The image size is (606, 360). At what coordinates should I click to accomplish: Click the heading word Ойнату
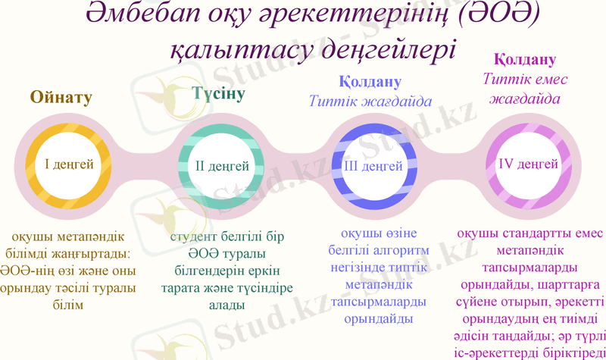point(61,97)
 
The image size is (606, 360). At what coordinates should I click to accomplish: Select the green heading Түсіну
point(219,95)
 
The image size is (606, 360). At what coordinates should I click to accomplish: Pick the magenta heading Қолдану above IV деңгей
point(525,59)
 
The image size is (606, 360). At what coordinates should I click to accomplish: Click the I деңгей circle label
point(69,164)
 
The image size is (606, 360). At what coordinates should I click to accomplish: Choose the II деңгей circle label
point(223,165)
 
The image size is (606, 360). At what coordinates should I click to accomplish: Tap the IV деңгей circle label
point(528,164)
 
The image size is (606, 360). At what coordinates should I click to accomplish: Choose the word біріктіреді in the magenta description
point(569,352)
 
